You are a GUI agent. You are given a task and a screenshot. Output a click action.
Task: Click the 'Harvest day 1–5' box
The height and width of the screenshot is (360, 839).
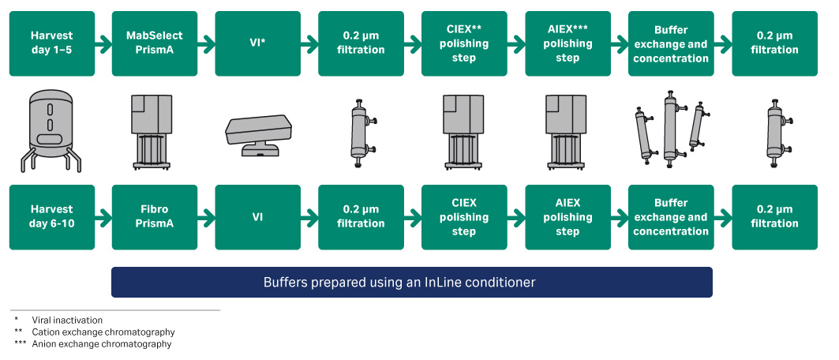pyautogui.click(x=52, y=43)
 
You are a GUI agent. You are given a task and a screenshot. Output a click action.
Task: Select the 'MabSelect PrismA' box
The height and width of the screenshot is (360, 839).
pyautogui.click(x=155, y=43)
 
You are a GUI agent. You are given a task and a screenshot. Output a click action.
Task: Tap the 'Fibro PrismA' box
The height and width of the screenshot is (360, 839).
pyautogui.click(x=155, y=217)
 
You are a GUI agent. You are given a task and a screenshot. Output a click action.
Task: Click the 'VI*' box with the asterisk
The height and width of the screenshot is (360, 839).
pyautogui.click(x=258, y=43)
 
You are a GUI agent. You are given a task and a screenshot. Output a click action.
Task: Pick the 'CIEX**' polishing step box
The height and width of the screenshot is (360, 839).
pyautogui.click(x=464, y=43)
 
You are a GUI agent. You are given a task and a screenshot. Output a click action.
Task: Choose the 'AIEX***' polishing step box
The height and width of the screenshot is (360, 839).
pyautogui.click(x=567, y=43)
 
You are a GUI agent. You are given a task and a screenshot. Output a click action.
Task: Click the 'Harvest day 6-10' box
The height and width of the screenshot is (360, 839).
pyautogui.click(x=52, y=217)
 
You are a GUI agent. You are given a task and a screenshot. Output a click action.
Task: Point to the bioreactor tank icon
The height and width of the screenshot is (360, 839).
pyautogui.click(x=51, y=131)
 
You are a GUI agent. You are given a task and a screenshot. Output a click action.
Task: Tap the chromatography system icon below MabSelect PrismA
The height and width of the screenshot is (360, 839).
pyautogui.click(x=155, y=131)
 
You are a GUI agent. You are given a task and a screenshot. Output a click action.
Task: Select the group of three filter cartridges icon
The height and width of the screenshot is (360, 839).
pyautogui.click(x=670, y=131)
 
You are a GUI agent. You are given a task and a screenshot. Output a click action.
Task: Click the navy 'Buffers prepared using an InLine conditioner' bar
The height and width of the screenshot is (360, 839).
pyautogui.click(x=411, y=282)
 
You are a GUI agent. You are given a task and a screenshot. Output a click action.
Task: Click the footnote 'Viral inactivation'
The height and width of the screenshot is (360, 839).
pyautogui.click(x=67, y=321)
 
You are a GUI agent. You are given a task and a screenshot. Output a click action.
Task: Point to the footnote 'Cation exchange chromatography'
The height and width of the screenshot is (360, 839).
pyautogui.click(x=103, y=332)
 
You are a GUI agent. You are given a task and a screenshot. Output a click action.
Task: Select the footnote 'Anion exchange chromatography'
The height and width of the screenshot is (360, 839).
pyautogui.click(x=102, y=344)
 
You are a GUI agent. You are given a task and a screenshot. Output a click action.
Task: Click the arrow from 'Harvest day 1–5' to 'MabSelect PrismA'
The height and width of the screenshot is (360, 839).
pyautogui.click(x=103, y=43)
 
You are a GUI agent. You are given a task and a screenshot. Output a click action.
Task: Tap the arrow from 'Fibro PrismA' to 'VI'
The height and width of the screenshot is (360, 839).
pyautogui.click(x=206, y=217)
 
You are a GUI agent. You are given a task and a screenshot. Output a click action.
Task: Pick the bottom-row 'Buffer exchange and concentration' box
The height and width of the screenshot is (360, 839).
pyautogui.click(x=670, y=217)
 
